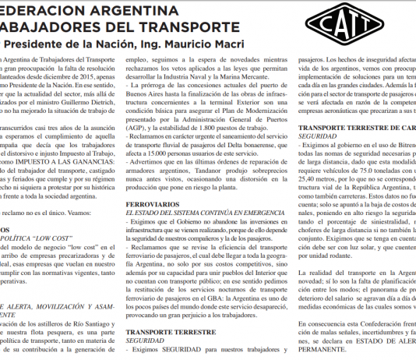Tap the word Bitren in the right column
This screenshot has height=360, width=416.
point(407,145)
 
